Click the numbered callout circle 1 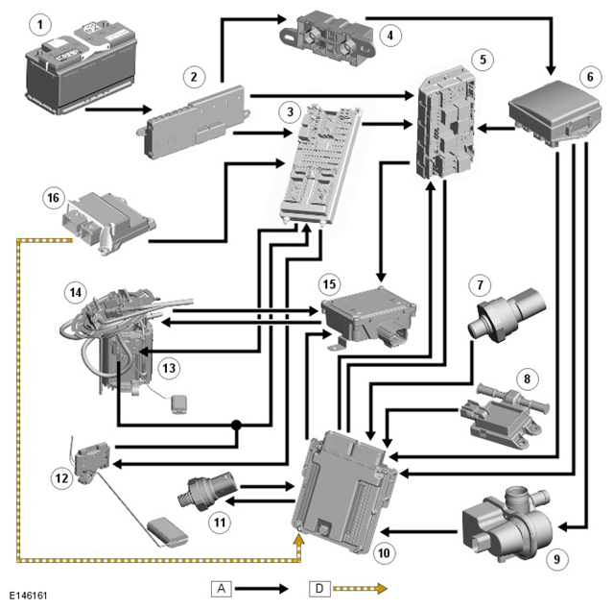click(40, 25)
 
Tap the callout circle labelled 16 click(53, 198)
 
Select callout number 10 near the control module click(384, 552)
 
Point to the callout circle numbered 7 click(480, 285)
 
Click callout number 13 click(169, 368)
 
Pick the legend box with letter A click(222, 588)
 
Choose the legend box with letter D click(319, 588)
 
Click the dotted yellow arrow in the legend click(360, 588)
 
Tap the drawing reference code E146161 click(28, 596)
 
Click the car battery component click(81, 69)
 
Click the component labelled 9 click(507, 524)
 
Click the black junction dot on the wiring click(236, 425)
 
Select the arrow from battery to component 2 click(118, 110)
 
